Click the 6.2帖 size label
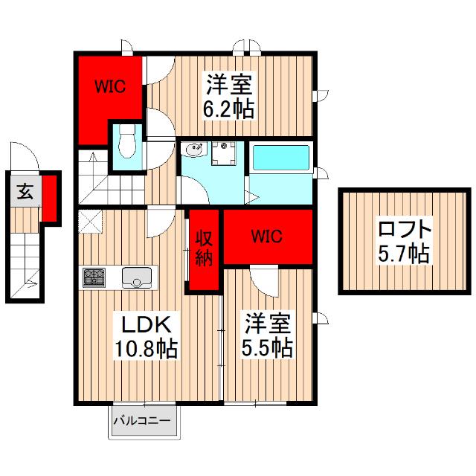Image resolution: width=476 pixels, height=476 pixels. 229,109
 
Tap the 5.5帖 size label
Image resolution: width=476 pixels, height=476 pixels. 266,347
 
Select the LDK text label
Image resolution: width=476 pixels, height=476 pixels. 146,326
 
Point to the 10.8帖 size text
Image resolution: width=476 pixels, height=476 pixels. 146,348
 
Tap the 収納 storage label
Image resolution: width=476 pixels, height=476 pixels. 204,248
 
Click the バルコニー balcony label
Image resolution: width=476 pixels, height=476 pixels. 142,421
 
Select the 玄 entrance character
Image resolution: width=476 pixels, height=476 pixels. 24,192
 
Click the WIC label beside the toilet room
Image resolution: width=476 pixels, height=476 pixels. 109,86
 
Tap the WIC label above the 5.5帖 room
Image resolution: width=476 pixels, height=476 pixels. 266,237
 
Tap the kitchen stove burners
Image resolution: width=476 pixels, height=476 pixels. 94,277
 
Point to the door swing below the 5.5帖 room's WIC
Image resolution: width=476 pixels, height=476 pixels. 262,278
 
